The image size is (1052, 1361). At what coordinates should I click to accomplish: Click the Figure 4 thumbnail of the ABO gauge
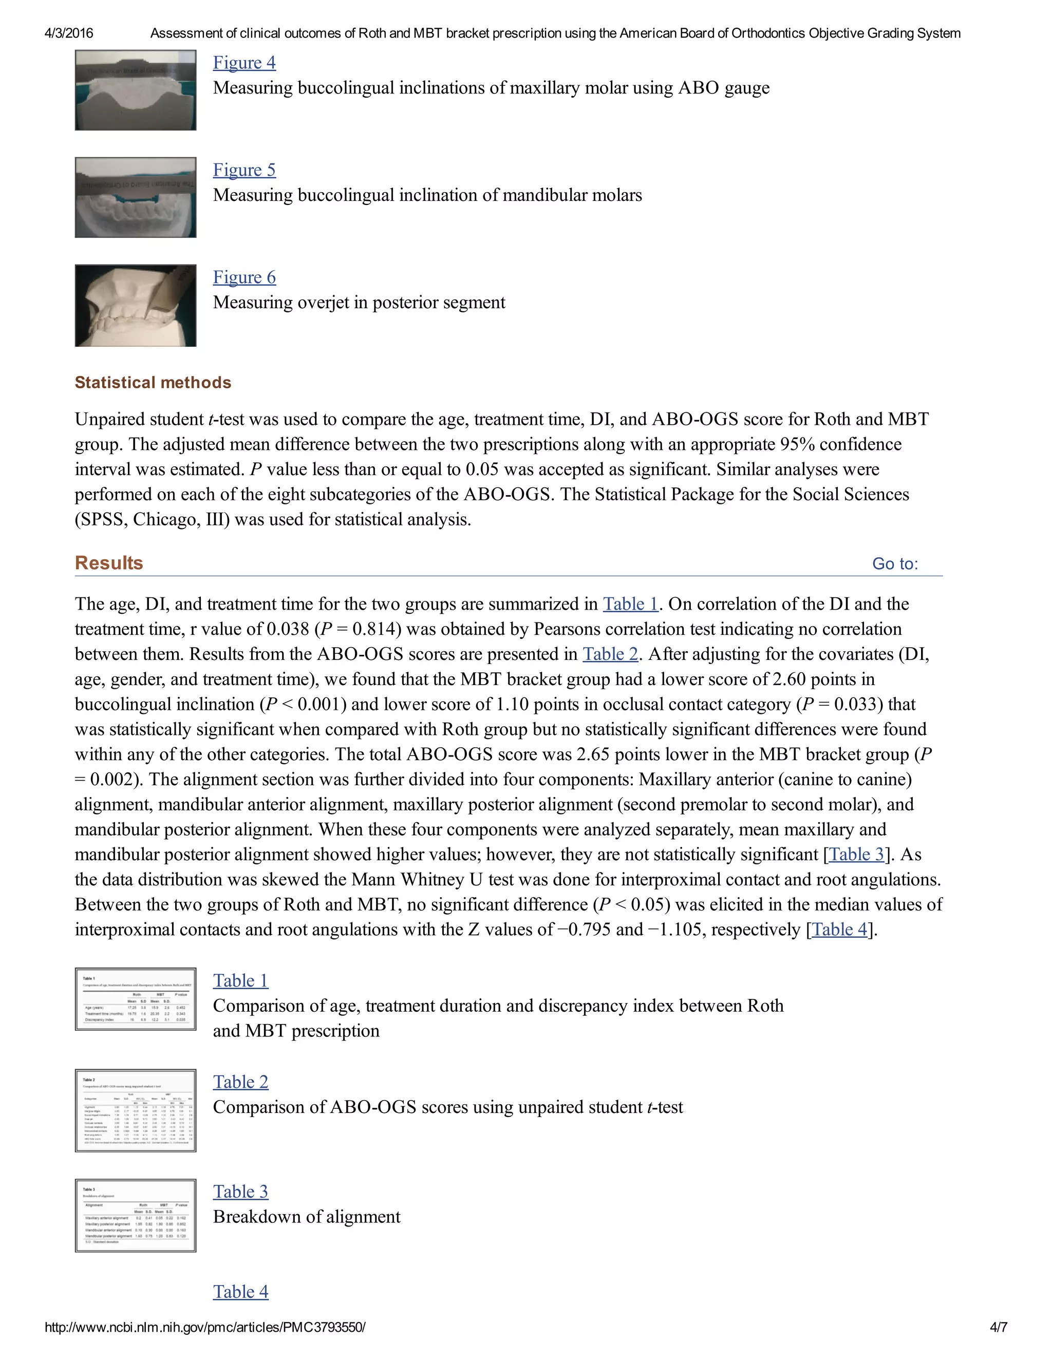pos(135,90)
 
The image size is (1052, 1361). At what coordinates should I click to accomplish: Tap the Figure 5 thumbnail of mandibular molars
pos(135,198)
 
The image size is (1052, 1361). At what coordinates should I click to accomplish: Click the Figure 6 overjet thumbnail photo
pos(135,306)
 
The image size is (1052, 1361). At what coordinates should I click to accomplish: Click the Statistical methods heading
pos(153,382)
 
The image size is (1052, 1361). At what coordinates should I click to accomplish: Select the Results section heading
pos(109,563)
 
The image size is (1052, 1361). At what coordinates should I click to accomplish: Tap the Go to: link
pos(894,564)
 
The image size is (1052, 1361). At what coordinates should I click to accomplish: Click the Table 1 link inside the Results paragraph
pos(630,604)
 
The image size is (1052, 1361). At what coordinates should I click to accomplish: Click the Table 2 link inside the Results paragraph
pos(610,654)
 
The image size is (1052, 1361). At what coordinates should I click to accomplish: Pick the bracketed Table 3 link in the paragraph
pos(856,855)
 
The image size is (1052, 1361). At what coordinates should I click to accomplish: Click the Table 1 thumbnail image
pos(135,999)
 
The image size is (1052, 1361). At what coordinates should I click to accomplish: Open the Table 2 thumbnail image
pos(135,1110)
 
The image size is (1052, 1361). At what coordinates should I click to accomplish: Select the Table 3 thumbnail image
pos(135,1215)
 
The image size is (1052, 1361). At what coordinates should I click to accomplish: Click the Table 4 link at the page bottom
pos(240,1291)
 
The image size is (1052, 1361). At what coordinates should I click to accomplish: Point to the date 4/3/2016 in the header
pos(68,33)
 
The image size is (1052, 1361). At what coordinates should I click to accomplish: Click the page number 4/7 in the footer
pos(998,1327)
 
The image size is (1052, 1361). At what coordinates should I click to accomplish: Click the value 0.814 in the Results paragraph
pos(373,629)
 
